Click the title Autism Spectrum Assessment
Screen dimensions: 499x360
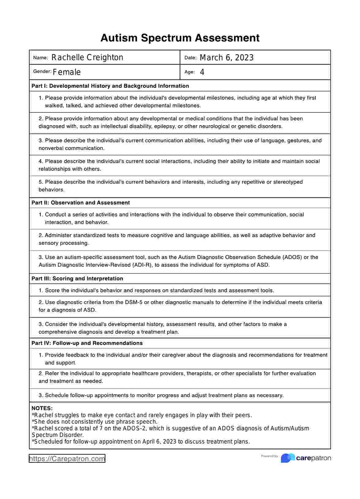pos(180,38)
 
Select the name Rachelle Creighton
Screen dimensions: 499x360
pos(87,58)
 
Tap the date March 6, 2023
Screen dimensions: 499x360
pos(227,58)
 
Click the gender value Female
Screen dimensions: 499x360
pos(67,72)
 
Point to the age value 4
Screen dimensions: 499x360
pos(202,72)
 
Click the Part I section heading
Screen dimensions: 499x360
pos(110,86)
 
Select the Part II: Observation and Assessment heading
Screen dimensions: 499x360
pos(81,203)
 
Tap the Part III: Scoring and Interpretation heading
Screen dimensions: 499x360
pos(77,279)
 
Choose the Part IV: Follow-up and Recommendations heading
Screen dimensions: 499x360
pos(87,343)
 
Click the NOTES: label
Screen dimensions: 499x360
pos(42,408)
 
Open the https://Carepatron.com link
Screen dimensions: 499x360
pos(67,459)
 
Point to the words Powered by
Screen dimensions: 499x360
pos(269,456)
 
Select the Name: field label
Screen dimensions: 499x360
pos(40,58)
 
